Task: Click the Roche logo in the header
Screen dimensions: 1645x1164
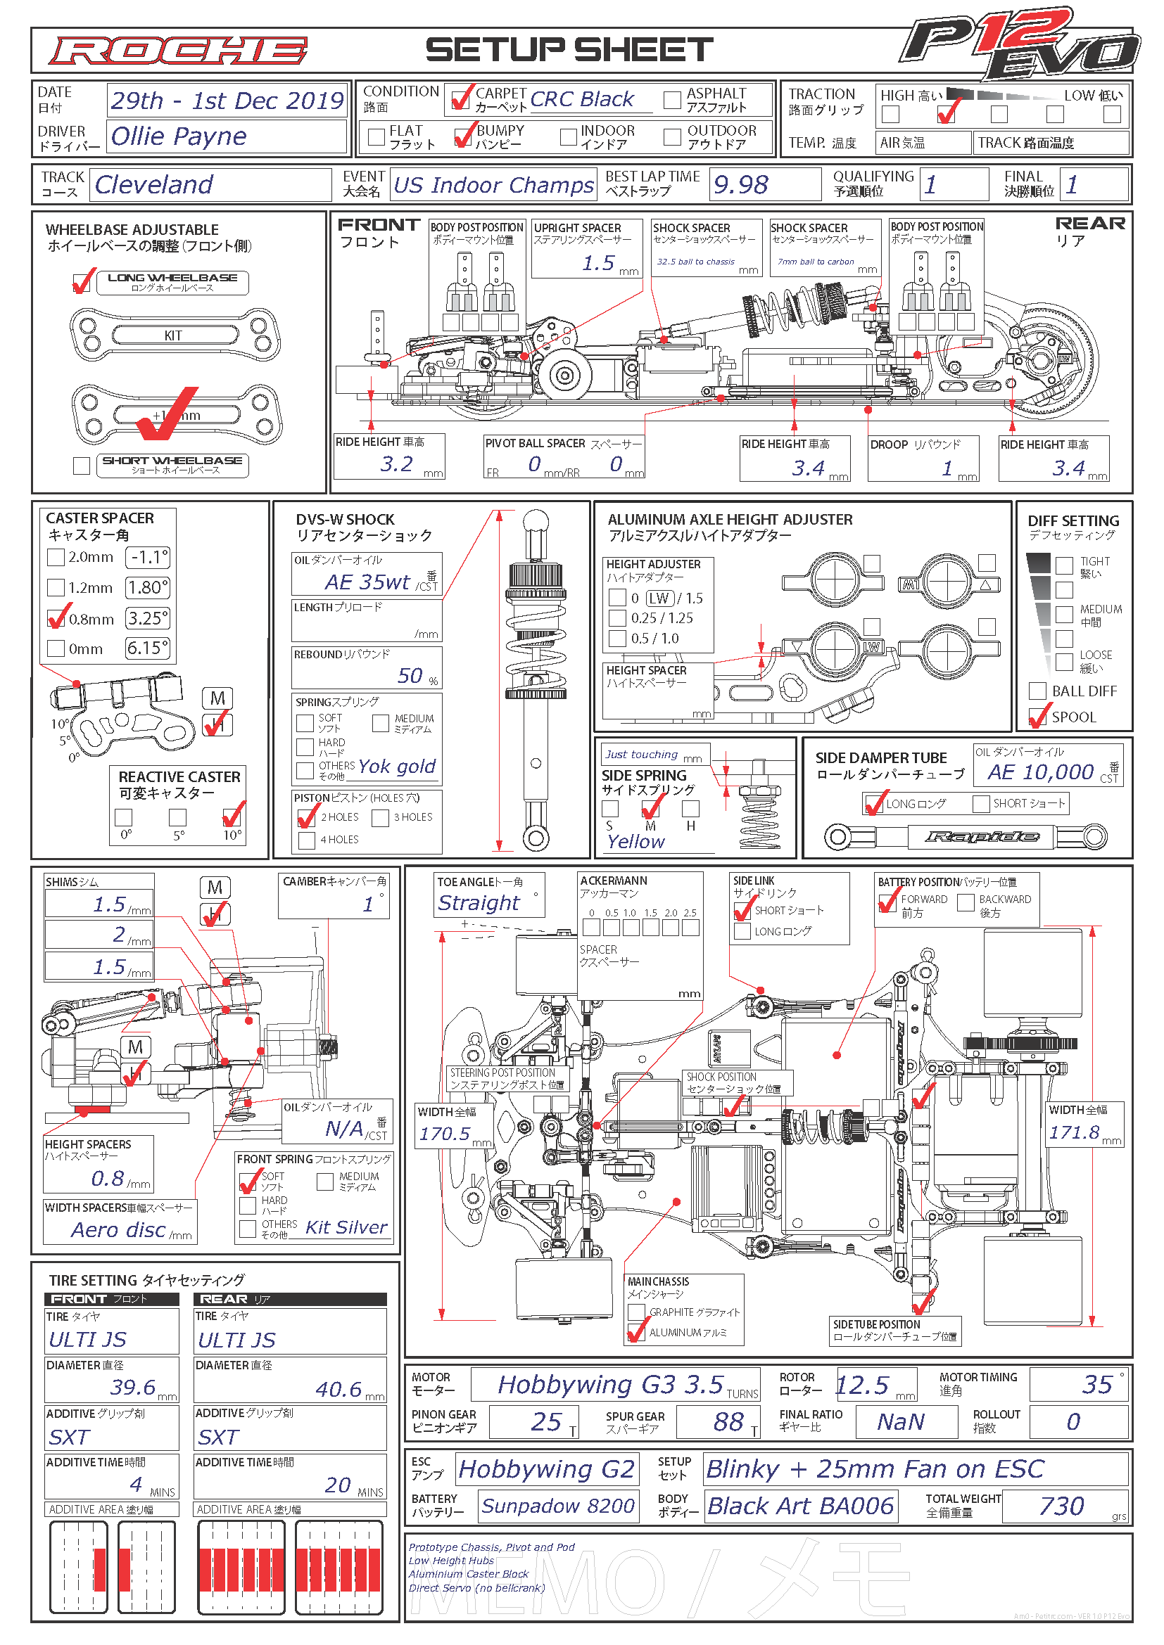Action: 178,51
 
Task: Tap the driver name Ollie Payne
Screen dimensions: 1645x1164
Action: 179,136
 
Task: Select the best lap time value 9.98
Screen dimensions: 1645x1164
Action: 740,185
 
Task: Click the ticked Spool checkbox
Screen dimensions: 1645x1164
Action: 1037,717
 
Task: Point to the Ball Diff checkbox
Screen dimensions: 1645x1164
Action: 1037,691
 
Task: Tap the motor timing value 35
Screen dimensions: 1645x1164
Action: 1096,1384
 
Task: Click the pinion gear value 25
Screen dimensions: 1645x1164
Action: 545,1421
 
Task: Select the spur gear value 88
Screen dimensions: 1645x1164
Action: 728,1421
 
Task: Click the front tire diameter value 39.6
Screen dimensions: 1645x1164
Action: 132,1387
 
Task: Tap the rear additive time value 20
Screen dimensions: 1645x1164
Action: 337,1485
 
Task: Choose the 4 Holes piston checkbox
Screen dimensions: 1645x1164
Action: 307,840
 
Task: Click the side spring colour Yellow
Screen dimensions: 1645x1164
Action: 635,842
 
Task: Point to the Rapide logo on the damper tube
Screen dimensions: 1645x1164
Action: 982,836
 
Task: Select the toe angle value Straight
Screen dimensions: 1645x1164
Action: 478,903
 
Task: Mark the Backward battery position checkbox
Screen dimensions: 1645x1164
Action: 966,903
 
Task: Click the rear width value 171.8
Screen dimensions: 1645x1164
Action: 1074,1132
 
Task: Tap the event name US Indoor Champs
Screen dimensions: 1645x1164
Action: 494,186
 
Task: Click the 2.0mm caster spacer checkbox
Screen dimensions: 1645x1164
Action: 56,557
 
